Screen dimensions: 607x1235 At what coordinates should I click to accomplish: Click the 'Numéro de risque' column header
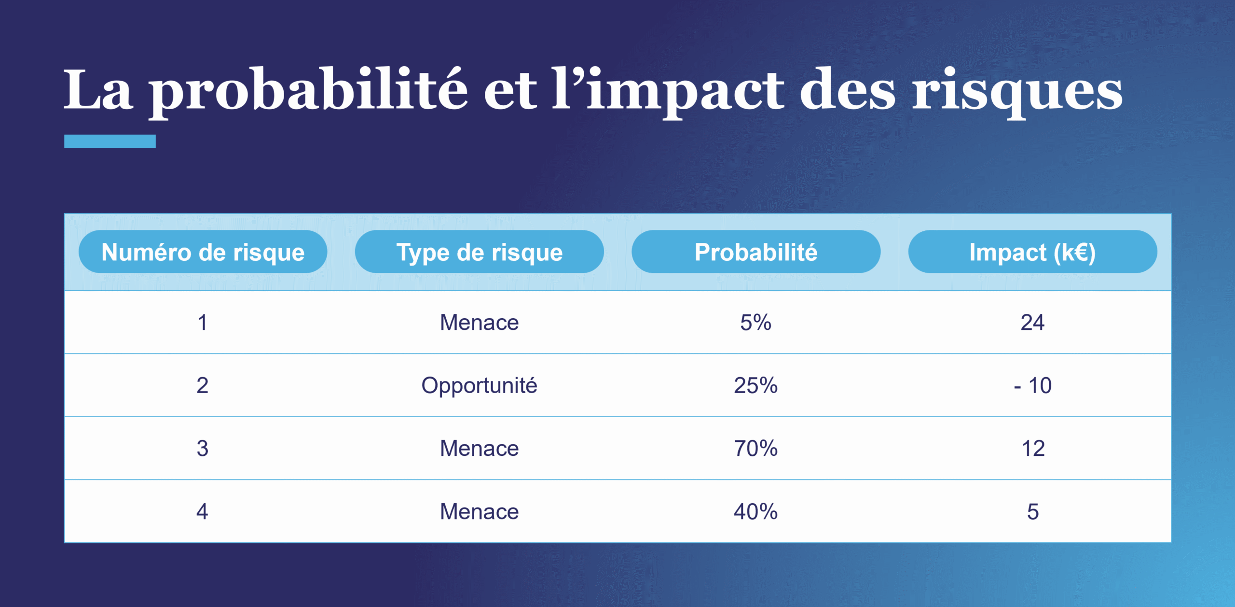click(203, 252)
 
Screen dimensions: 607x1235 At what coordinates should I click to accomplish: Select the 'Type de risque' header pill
click(479, 252)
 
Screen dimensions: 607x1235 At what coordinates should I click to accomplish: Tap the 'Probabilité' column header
click(755, 252)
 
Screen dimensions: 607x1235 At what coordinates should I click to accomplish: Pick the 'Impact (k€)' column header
click(1032, 252)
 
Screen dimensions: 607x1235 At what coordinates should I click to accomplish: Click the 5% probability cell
click(755, 322)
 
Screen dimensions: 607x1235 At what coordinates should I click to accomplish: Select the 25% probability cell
click(755, 385)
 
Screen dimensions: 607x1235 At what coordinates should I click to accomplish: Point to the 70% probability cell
click(755, 448)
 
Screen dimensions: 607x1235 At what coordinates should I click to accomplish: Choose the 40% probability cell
click(755, 511)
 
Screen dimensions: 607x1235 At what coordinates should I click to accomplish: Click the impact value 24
click(1032, 322)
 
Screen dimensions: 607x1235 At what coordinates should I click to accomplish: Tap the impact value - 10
click(1032, 385)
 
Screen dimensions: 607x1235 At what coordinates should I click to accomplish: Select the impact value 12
click(1032, 448)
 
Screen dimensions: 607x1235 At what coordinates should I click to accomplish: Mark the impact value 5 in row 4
click(1032, 511)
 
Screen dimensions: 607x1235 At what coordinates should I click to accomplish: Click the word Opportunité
click(479, 385)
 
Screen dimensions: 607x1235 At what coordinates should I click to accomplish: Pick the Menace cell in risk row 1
click(479, 322)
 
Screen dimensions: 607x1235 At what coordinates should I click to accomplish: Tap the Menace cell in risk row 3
click(479, 448)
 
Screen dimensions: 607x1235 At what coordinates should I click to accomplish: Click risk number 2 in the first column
click(203, 385)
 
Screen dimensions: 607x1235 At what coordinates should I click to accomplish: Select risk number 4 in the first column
click(203, 511)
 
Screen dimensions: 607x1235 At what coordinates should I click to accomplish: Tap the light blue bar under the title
click(110, 141)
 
